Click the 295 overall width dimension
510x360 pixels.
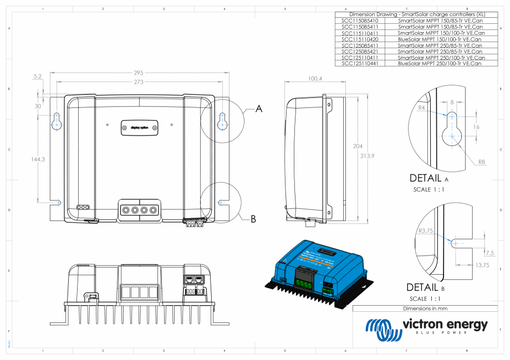coord(139,73)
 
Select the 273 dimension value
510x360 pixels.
coord(139,82)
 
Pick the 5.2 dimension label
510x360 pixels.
coord(38,77)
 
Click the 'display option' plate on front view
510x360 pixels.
coord(140,127)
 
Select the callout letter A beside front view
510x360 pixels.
coord(258,110)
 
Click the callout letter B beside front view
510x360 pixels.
coord(253,219)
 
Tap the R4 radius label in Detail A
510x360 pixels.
coord(421,107)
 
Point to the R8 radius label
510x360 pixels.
coord(483,162)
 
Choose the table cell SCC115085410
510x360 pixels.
coord(360,20)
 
